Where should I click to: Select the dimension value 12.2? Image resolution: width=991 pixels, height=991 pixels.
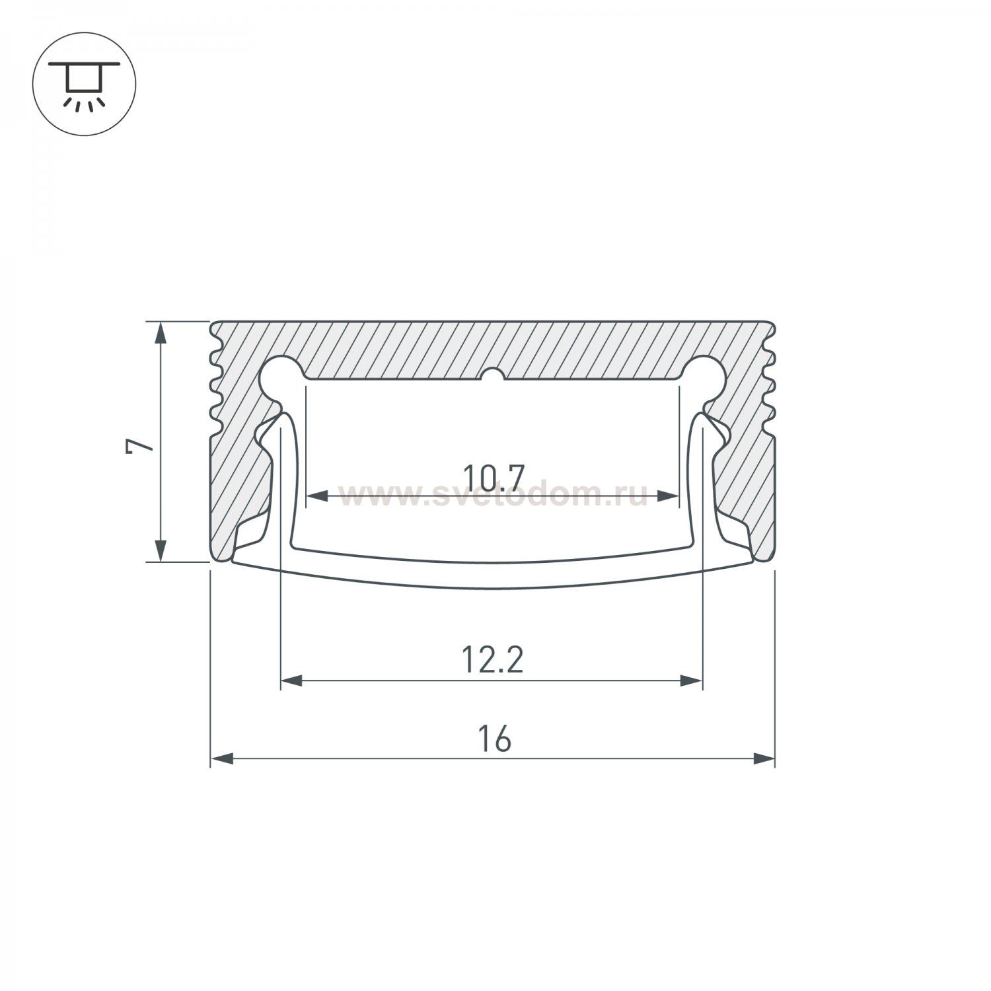click(x=493, y=661)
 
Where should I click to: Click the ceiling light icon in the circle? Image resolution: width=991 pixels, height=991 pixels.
click(x=85, y=84)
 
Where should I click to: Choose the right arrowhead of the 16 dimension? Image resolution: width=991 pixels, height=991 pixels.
click(x=764, y=758)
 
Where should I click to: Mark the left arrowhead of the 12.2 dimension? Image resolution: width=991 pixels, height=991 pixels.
click(x=292, y=680)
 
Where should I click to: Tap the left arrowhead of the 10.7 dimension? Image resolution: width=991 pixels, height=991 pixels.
click(x=318, y=495)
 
